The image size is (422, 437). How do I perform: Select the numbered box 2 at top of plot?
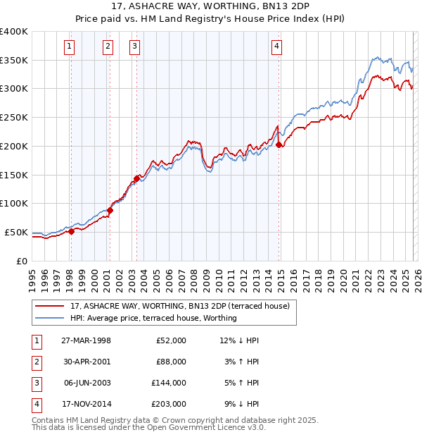(x=108, y=47)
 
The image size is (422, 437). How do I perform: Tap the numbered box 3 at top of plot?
(x=134, y=47)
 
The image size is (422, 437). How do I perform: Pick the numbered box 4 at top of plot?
(x=277, y=47)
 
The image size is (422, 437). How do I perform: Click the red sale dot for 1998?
(x=71, y=230)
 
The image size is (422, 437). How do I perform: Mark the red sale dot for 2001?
(x=110, y=210)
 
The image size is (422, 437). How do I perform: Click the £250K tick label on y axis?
(x=13, y=118)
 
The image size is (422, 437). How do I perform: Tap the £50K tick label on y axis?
(x=16, y=232)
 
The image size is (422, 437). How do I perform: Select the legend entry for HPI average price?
(x=153, y=318)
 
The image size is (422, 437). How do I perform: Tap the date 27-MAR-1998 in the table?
(x=86, y=340)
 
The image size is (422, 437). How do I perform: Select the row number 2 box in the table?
(x=36, y=362)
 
